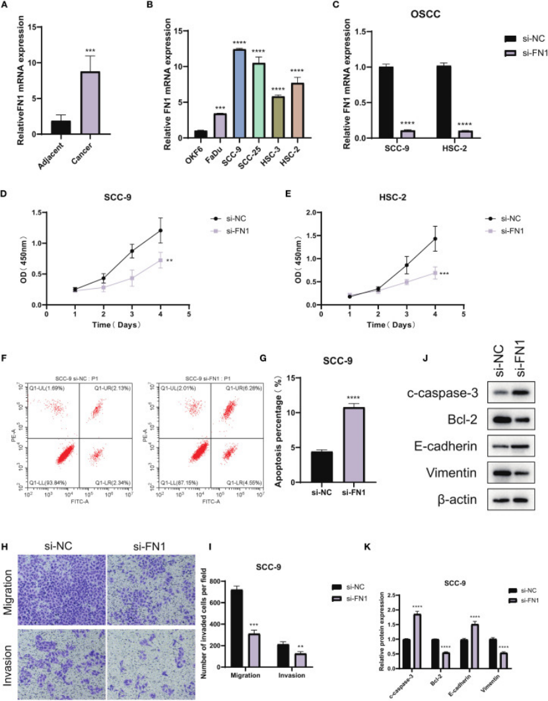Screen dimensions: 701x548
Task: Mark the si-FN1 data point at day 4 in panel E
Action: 435,273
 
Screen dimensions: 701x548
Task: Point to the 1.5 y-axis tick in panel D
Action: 38,213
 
